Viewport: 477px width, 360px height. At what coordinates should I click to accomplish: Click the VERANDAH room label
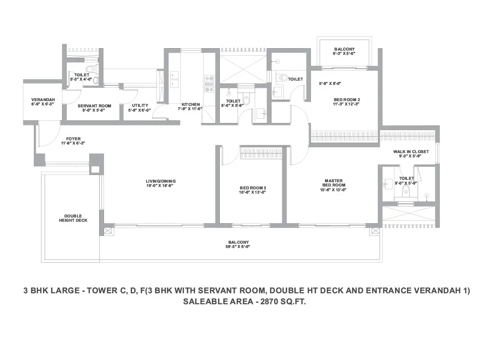pyautogui.click(x=43, y=100)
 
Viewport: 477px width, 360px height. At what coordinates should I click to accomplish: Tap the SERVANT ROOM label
pyautogui.click(x=94, y=106)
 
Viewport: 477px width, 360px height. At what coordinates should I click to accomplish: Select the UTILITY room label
pyautogui.click(x=140, y=105)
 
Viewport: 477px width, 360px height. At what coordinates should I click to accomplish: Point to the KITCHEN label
pyautogui.click(x=191, y=104)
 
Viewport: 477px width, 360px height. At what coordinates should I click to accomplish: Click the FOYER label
pyautogui.click(x=73, y=139)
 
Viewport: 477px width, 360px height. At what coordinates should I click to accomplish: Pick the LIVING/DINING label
pyautogui.click(x=161, y=181)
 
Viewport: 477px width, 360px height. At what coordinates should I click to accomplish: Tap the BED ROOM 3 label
pyautogui.click(x=253, y=188)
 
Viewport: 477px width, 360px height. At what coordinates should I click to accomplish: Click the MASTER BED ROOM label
pyautogui.click(x=334, y=183)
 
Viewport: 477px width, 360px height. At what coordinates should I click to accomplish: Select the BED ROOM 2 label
pyautogui.click(x=347, y=100)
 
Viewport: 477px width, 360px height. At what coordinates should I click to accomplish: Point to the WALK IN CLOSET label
pyautogui.click(x=411, y=152)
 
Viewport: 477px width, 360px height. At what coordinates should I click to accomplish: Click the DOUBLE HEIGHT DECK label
pyautogui.click(x=73, y=218)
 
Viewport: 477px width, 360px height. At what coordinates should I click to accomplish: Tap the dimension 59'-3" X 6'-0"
pyautogui.click(x=238, y=247)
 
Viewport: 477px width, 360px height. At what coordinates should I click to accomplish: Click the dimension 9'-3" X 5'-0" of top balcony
pyautogui.click(x=344, y=53)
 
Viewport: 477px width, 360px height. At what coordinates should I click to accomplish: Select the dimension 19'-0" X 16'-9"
pyautogui.click(x=161, y=185)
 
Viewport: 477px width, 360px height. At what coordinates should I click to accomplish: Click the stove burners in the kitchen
pyautogui.click(x=209, y=83)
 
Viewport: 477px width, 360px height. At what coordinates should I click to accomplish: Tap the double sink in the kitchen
pyautogui.click(x=174, y=79)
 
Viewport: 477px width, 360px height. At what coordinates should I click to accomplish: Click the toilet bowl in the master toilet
pyautogui.click(x=406, y=191)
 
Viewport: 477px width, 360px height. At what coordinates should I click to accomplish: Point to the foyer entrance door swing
pyautogui.click(x=49, y=134)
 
